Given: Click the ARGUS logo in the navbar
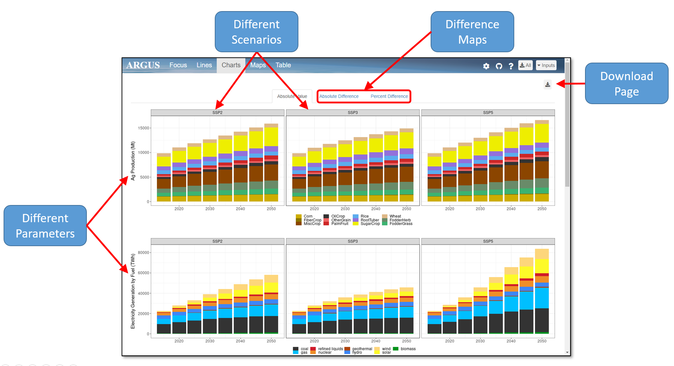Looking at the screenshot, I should click(143, 65).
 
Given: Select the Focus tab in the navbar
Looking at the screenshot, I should click(178, 65).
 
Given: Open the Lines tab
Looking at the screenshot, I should click(204, 65).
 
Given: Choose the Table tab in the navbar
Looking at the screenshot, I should click(283, 65).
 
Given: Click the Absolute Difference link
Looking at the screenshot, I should click(339, 96).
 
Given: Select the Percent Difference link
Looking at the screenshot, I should click(389, 96).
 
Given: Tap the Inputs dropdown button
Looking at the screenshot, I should click(546, 65).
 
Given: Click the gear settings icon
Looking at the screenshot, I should click(486, 66).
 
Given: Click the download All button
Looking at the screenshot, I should click(525, 65).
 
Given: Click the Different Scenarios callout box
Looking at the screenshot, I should click(256, 32).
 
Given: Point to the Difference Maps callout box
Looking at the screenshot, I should click(472, 32).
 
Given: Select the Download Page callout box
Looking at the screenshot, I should click(626, 84).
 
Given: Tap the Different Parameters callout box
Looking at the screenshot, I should click(45, 226).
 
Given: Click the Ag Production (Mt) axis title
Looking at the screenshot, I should click(133, 161).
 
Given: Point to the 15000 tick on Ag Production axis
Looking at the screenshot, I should click(143, 128).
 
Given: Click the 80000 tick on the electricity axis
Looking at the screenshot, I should click(143, 253).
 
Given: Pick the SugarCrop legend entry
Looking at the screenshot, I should click(370, 224).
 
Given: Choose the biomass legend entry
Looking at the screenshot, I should click(408, 349).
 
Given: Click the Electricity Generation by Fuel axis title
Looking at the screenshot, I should click(133, 291).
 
